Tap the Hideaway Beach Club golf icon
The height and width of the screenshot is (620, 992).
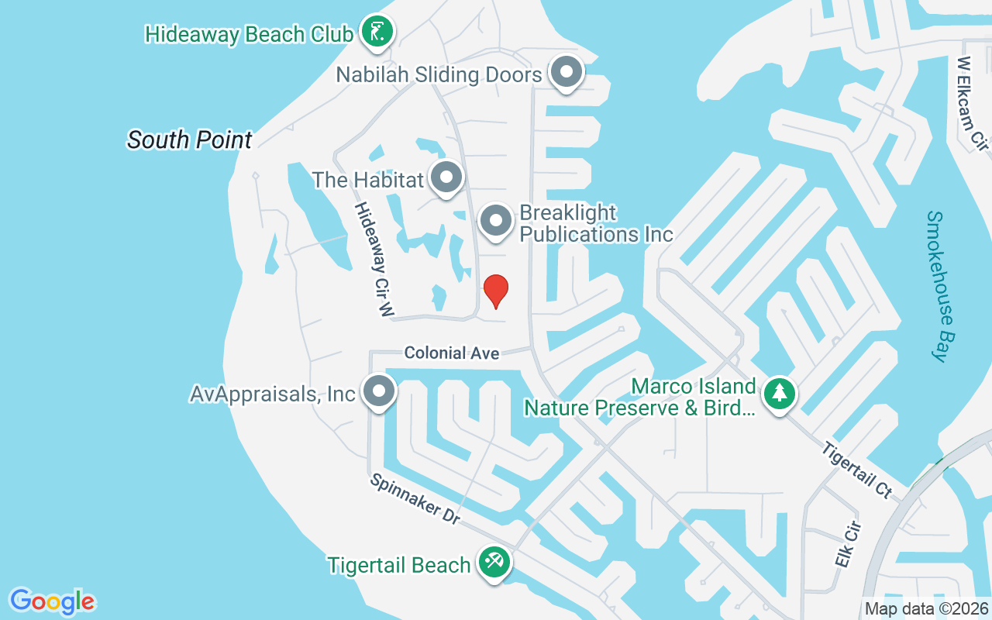coord(377,33)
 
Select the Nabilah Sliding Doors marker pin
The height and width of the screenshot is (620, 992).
coord(567,73)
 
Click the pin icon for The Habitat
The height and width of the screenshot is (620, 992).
coord(446,178)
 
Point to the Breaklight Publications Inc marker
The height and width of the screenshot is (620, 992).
coord(496,222)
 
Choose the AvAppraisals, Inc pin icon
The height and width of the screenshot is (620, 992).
coord(379,391)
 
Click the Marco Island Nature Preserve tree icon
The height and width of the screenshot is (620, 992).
coord(780,394)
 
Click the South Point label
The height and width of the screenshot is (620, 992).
coord(190,139)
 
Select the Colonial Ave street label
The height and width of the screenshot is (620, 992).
coord(452,353)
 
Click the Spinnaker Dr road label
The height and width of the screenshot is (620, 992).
coord(415,499)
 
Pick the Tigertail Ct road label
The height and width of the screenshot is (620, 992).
coord(858,470)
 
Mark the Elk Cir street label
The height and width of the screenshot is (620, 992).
coord(849,544)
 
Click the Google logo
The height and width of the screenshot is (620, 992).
coord(53,601)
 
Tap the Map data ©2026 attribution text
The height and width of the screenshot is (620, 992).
coord(926,609)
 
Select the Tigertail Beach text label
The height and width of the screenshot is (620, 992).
coord(398,565)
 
